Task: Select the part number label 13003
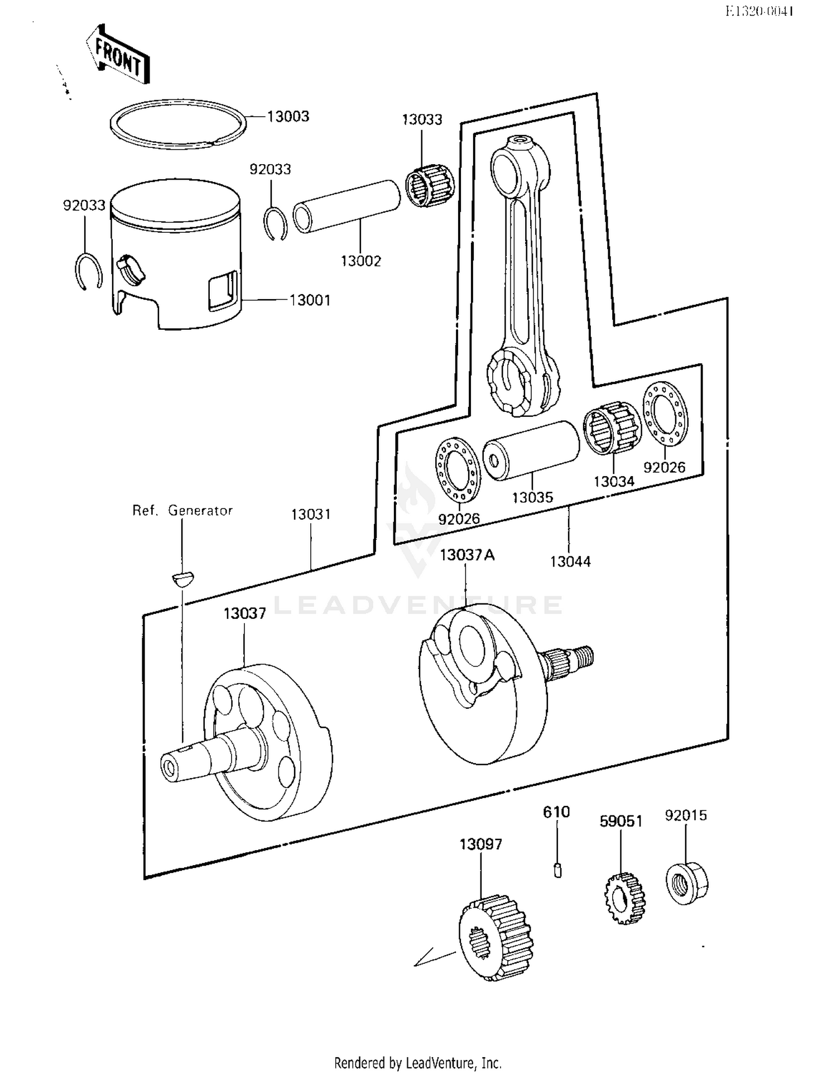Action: tap(288, 117)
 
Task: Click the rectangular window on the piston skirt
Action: tap(223, 291)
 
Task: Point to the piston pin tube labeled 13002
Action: tap(346, 206)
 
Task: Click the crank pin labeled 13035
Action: tap(530, 450)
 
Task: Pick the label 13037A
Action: tap(467, 555)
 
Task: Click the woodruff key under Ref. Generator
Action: tap(182, 578)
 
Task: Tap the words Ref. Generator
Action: tap(182, 510)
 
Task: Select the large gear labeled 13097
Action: tap(495, 937)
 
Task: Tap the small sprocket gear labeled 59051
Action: tap(624, 898)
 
